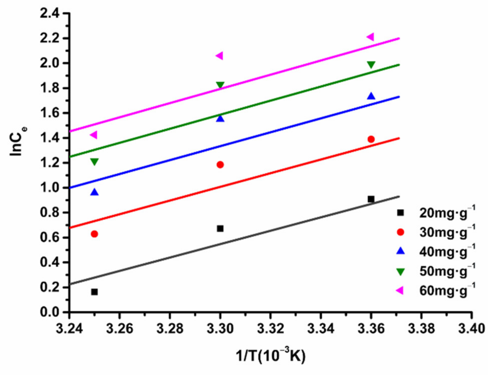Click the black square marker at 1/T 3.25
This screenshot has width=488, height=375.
point(94,292)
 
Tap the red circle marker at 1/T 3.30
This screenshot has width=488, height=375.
point(220,165)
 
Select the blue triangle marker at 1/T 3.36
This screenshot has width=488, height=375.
point(371,96)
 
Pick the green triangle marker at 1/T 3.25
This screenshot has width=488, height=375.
point(94,162)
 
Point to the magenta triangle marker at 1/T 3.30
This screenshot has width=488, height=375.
point(219,56)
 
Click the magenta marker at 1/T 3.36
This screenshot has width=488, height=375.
point(370,37)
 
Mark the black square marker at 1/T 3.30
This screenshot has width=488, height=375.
point(220,229)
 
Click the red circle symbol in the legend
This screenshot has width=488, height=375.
point(401,232)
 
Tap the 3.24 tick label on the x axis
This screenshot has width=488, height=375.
point(69,329)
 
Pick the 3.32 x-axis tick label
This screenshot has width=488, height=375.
point(271,329)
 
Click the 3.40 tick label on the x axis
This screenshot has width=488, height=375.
point(471,329)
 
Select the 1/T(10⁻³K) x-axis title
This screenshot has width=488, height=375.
point(271,355)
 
